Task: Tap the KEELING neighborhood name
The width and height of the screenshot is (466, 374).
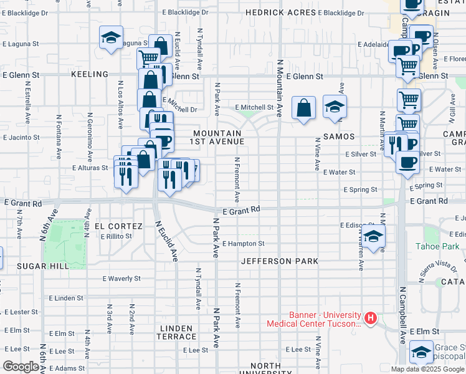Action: (x=90, y=74)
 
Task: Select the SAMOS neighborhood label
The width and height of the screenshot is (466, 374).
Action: (x=339, y=136)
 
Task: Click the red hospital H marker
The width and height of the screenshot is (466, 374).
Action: (x=371, y=319)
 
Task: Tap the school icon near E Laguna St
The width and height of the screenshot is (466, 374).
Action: (x=111, y=38)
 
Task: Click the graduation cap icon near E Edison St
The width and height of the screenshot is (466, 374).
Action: (x=373, y=237)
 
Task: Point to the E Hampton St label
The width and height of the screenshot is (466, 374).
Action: (x=244, y=244)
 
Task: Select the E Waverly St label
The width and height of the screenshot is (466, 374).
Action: (x=121, y=279)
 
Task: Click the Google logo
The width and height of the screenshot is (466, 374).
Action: (x=21, y=367)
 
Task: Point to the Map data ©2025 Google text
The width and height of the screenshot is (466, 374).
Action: (x=427, y=369)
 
